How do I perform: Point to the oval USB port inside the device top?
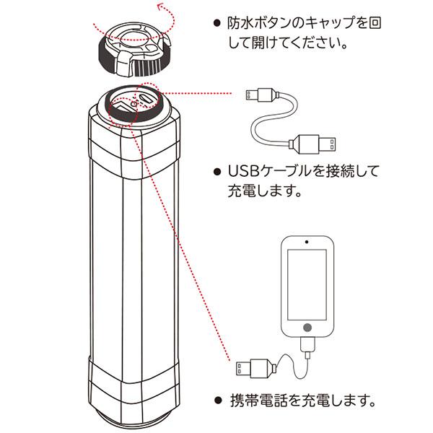coord(150,99)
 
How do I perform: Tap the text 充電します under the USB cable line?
coord(260,193)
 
